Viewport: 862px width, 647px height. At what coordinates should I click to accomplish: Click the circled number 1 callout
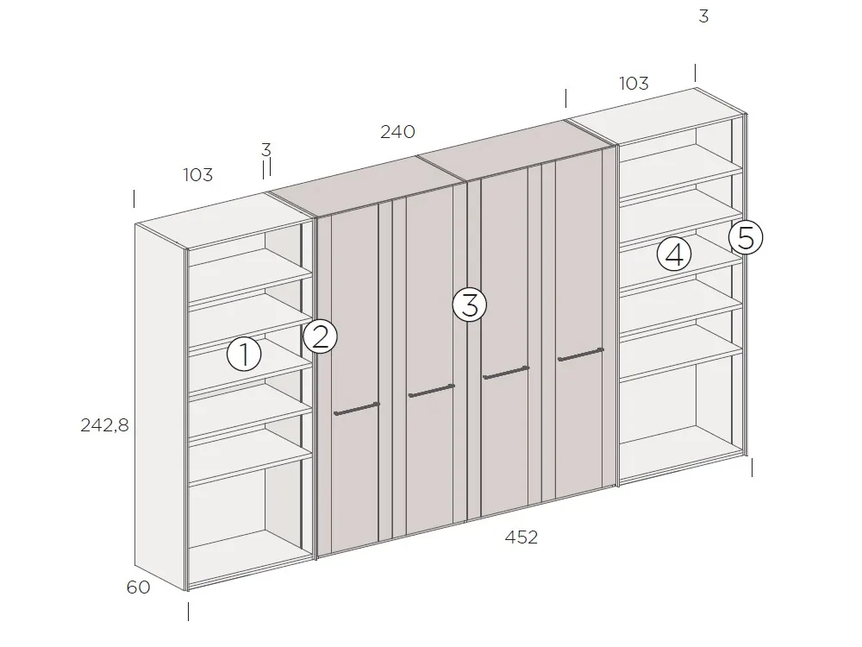coord(244,355)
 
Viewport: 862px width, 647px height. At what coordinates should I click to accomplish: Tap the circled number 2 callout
coord(320,336)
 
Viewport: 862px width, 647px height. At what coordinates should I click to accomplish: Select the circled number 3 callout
coord(470,305)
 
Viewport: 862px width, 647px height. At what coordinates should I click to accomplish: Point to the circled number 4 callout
coord(674,254)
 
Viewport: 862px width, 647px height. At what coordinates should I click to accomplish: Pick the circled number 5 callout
coord(746,237)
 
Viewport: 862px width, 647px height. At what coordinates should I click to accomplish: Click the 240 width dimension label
coord(397,132)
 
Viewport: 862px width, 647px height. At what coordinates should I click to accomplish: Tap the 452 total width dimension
coord(522,537)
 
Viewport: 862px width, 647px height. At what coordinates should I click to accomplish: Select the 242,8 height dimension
coord(103,424)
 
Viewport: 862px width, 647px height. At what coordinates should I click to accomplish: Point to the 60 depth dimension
coord(138,587)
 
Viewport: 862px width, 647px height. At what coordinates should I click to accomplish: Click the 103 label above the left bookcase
coord(197,175)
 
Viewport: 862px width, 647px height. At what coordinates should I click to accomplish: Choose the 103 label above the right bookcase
coord(634,84)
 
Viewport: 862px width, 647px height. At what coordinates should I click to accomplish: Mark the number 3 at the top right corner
coord(703,16)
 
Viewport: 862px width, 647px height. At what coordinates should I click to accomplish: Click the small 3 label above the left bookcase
coord(265,150)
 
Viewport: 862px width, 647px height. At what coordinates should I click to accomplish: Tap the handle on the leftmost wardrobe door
coord(356,409)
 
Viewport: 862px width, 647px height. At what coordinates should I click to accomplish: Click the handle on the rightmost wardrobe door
coord(580,354)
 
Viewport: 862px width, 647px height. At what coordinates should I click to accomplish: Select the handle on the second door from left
coord(431,391)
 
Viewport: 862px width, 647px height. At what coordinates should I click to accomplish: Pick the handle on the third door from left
coord(506,373)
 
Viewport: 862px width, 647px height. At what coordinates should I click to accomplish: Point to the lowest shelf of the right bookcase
coord(681,350)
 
